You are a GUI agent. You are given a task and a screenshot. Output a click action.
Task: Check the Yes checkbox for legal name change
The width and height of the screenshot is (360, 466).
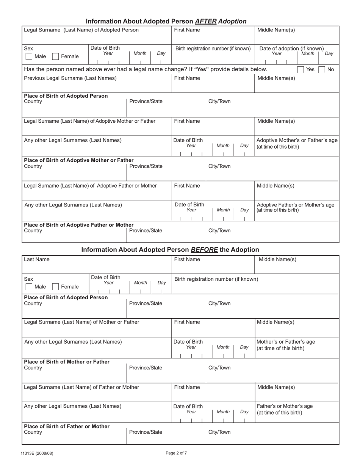pos(301,70)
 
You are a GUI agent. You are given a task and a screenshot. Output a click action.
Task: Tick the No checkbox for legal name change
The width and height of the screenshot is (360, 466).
pos(322,70)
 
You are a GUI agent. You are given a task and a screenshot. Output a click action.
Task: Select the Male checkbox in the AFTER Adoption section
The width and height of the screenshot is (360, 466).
pos(29,56)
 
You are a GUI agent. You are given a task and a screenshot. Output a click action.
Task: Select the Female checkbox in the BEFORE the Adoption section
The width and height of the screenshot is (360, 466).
pos(55,287)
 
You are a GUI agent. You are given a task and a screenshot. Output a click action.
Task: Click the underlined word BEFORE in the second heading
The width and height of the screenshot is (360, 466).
pos(204,250)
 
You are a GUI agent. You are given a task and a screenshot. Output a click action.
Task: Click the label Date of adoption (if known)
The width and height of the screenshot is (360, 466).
pos(291,48)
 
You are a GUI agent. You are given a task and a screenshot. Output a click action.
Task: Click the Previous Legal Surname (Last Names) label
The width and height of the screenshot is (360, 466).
pos(70,78)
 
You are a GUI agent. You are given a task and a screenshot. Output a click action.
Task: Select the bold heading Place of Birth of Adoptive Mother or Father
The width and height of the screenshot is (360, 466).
pos(78,160)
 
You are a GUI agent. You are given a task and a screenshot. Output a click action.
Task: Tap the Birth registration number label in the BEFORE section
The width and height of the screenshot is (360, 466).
pos(216,279)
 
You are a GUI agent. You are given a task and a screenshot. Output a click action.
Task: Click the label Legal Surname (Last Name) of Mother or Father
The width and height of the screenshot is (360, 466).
pos(81,322)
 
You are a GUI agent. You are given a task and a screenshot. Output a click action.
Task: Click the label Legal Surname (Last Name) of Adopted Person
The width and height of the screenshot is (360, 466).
pos(81,30)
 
